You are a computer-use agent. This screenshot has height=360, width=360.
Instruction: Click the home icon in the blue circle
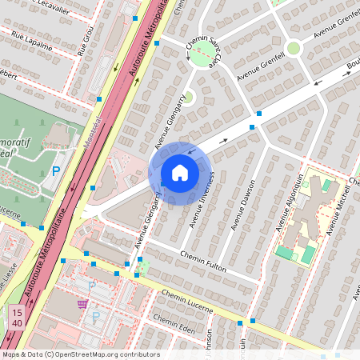pyautogui.click(x=180, y=173)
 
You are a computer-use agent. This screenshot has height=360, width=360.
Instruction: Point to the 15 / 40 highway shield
pyautogui.click(x=17, y=316)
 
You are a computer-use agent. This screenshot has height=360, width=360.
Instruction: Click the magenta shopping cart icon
pyautogui.click(x=82, y=304)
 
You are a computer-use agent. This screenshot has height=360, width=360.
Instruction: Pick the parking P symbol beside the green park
pyautogui.click(x=56, y=170)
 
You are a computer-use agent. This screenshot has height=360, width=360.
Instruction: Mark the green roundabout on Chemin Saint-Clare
pyautogui.click(x=204, y=54)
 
